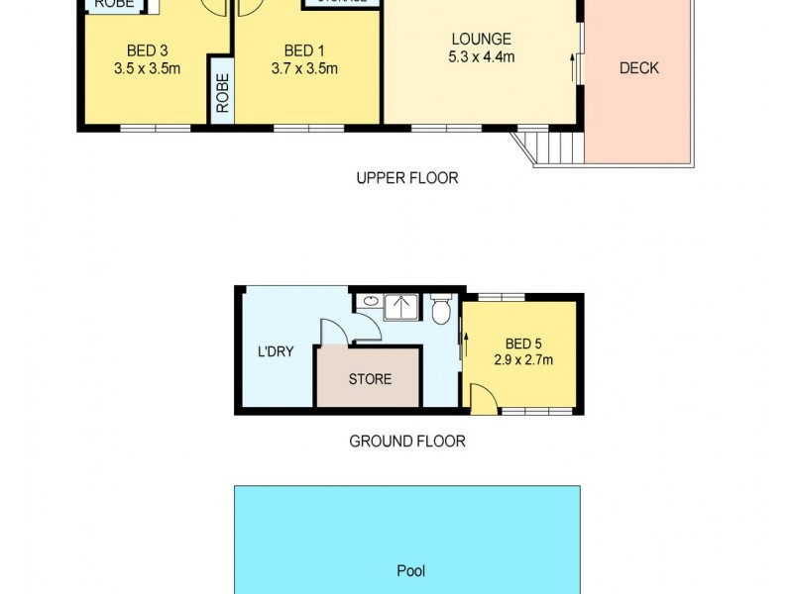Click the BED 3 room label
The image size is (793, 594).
(x=147, y=50)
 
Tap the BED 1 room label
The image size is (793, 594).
(x=303, y=50)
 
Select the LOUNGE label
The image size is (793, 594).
(x=481, y=40)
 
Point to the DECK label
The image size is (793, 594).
(x=638, y=68)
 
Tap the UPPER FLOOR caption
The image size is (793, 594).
(x=406, y=178)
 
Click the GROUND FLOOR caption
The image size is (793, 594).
(x=406, y=442)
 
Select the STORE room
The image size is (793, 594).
(x=370, y=378)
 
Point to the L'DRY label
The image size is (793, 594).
(x=275, y=350)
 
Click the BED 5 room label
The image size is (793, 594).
(x=523, y=343)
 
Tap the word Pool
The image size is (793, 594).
(x=410, y=571)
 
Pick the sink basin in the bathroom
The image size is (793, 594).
(x=369, y=300)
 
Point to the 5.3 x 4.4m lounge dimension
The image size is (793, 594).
(x=481, y=56)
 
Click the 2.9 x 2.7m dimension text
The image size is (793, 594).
(x=523, y=359)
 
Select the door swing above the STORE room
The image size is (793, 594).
(x=334, y=331)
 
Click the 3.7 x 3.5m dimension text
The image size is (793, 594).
(x=303, y=68)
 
